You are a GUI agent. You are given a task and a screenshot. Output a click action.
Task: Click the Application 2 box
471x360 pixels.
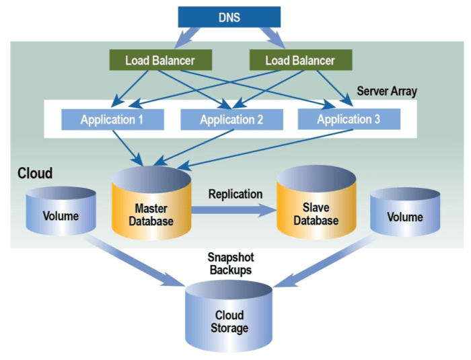point(231,120)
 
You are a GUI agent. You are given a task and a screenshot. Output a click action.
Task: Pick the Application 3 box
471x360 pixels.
point(349,119)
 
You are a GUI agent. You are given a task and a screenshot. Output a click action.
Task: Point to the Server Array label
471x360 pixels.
point(386,91)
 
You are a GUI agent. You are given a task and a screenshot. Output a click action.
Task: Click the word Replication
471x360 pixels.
point(235,194)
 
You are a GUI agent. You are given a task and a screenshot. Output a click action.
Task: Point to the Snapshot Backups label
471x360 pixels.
point(229,264)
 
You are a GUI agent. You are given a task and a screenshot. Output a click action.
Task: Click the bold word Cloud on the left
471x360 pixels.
point(35,174)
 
